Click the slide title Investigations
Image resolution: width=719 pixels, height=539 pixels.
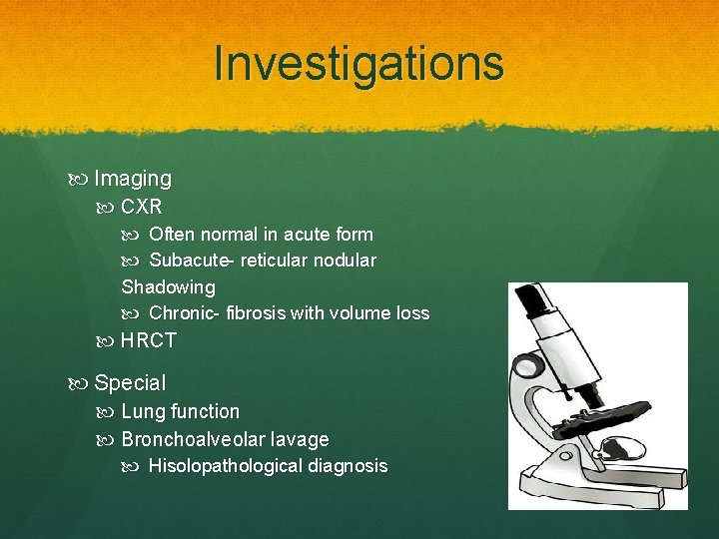(359, 63)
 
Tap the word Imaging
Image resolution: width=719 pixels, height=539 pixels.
(133, 179)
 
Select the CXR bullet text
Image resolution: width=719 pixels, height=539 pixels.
(141, 207)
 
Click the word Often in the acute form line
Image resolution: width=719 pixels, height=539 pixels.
(172, 235)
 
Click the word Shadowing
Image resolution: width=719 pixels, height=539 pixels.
(168, 287)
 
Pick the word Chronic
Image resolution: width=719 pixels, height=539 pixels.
(185, 313)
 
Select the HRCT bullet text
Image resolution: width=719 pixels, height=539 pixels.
(149, 340)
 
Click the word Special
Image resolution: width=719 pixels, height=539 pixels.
(130, 382)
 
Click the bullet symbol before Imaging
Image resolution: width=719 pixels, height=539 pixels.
(81, 180)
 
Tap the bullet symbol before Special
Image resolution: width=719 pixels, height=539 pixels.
(81, 383)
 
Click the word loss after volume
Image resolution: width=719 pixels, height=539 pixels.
(412, 313)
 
